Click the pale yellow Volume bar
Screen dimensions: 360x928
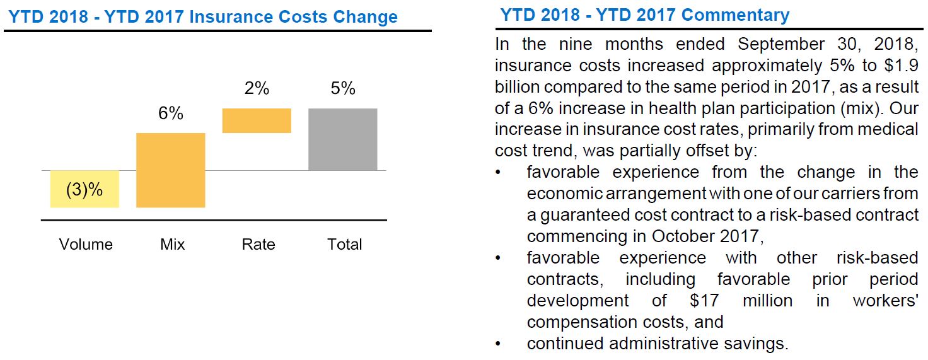[x=84, y=189]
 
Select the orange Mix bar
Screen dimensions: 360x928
[x=171, y=170]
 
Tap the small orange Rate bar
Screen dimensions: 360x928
[x=257, y=120]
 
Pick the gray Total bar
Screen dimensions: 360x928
[x=343, y=139]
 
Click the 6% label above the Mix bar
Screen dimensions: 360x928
[x=171, y=113]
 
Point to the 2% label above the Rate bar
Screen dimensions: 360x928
[x=257, y=89]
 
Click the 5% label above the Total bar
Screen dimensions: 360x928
[x=343, y=89]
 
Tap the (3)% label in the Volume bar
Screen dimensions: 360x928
[x=84, y=189]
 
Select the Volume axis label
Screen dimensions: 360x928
[x=86, y=245]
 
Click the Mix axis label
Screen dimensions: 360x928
[x=172, y=245]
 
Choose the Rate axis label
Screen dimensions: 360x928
[x=258, y=245]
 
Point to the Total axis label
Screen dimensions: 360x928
[x=345, y=245]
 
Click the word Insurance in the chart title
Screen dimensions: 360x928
[x=229, y=16]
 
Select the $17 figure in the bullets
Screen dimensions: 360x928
[x=704, y=301]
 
